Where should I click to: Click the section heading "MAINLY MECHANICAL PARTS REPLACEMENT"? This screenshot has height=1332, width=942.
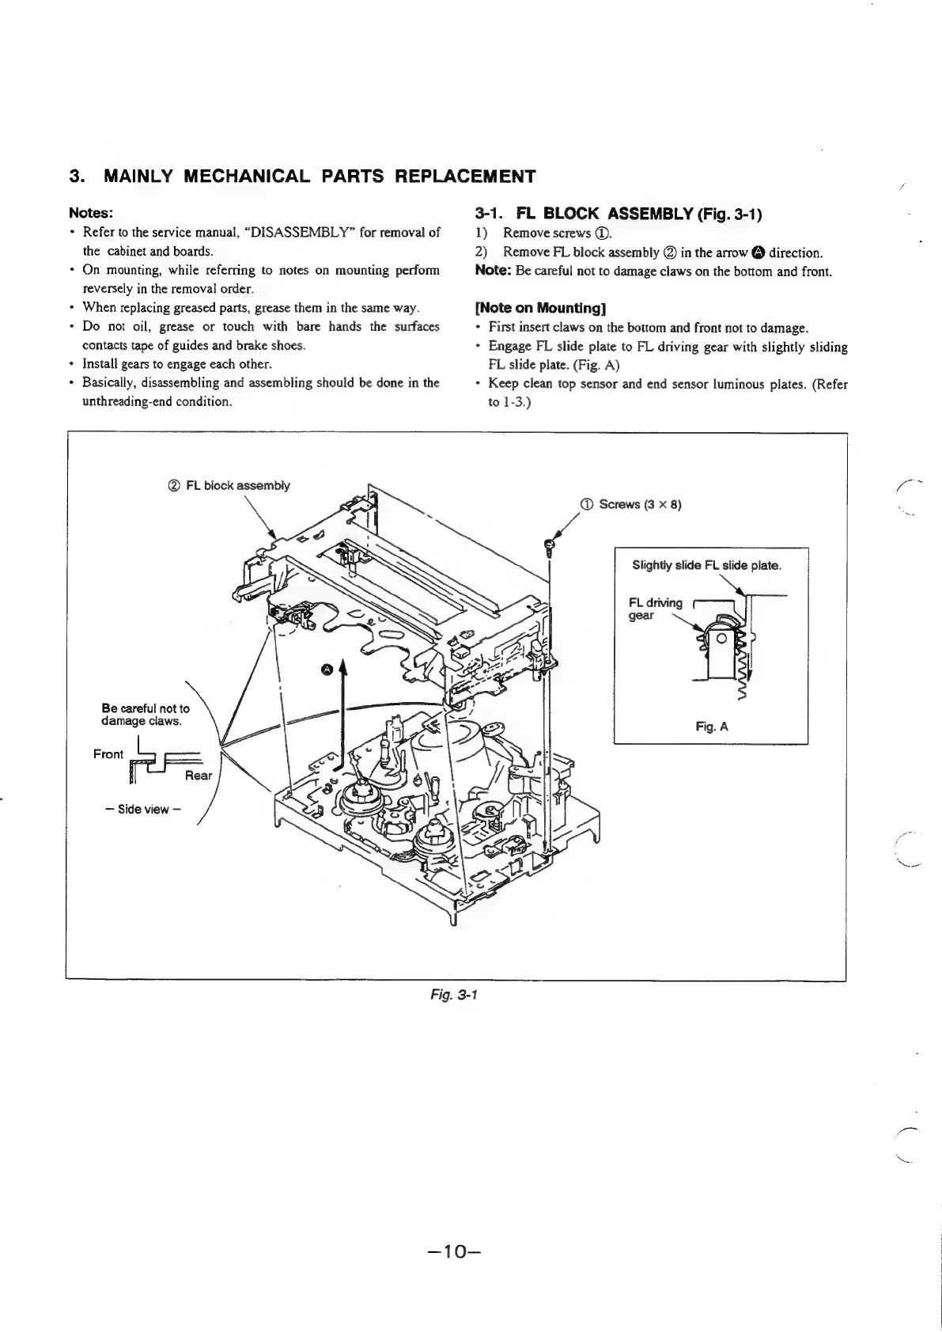click(320, 176)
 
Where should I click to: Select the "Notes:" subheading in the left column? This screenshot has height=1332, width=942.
click(92, 213)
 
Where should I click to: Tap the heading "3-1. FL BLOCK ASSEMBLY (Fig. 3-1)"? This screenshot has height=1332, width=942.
click(618, 214)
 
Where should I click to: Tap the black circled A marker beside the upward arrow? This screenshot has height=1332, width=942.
click(327, 670)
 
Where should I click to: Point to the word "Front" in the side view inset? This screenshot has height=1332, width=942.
click(108, 753)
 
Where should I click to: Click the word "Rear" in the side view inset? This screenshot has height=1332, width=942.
click(198, 775)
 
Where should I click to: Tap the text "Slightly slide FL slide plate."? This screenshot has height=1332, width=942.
click(706, 565)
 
